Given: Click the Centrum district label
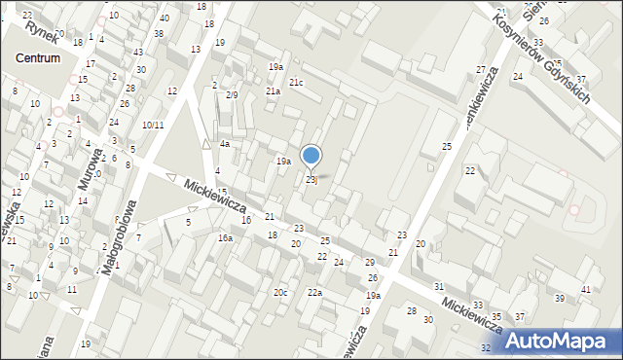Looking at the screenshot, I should [38, 58].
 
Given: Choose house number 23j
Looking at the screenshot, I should [311, 180].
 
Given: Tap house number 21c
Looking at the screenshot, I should [295, 83].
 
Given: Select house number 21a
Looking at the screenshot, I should [274, 91].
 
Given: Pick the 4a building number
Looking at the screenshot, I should [224, 144].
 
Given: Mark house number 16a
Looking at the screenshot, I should [225, 238].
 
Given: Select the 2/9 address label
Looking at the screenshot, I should [232, 95].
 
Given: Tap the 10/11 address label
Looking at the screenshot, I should [152, 125].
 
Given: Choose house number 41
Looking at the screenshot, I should [585, 291].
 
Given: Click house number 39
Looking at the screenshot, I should [559, 298].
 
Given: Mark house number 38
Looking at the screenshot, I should [159, 33].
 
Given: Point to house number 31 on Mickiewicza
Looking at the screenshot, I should [439, 286].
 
